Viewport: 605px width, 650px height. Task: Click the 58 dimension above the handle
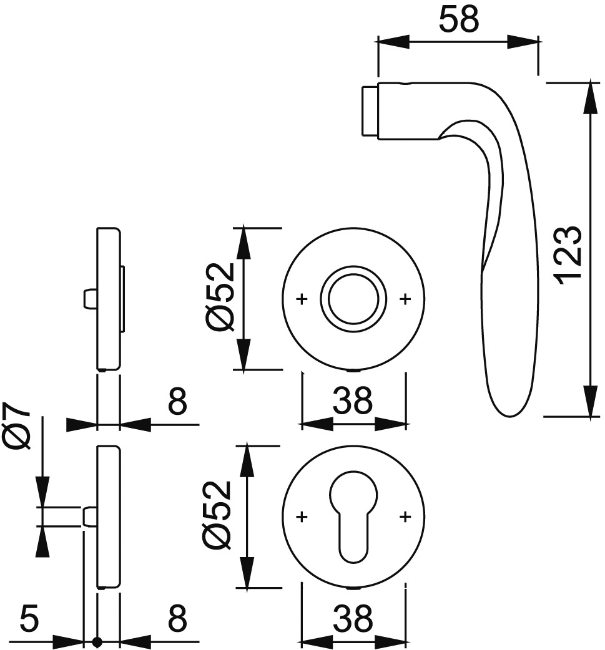(x=458, y=19)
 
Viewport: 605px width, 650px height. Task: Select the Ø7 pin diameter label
(x=18, y=425)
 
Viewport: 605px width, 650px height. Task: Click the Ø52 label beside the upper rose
(x=222, y=298)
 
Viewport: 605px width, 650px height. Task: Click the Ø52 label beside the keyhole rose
(x=217, y=516)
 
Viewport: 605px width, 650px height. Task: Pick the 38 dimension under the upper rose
(x=352, y=401)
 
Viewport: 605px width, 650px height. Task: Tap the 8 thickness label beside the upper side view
(x=177, y=401)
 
